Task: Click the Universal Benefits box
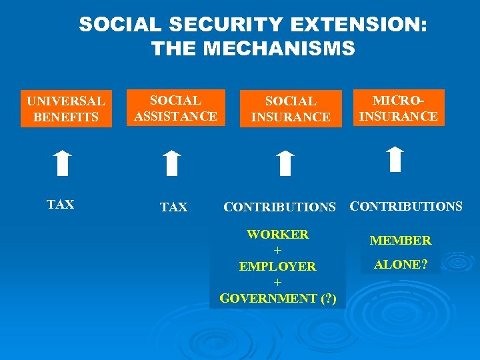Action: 66,109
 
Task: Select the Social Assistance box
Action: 175,108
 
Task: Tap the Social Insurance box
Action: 291,109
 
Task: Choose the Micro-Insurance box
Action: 398,108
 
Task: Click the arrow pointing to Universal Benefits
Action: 63,163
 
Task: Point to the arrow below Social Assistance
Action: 172,163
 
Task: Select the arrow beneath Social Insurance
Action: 285,163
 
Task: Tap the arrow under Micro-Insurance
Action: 395,159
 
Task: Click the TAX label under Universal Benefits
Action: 61,205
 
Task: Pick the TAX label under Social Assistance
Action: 174,207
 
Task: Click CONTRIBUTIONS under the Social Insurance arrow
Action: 279,207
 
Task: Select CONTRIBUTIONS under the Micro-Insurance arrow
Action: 406,206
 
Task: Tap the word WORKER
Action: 277,235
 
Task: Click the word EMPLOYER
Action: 277,266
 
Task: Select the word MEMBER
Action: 401,240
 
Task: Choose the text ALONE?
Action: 401,264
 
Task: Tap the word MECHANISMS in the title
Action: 279,49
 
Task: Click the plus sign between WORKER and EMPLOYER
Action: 277,250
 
